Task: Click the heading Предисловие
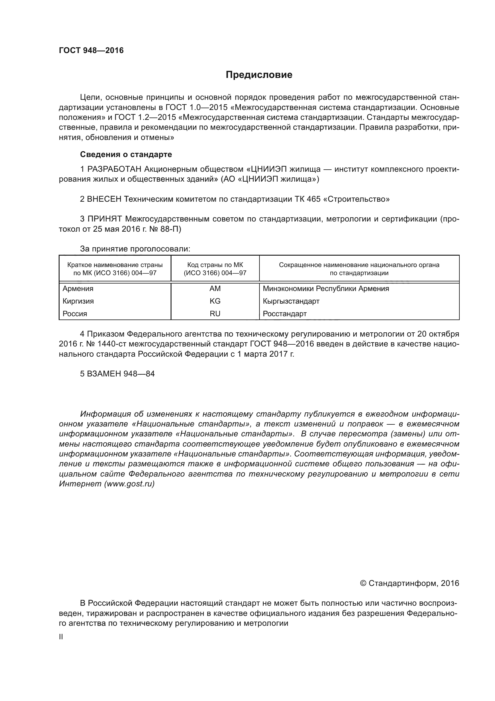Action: tap(259, 75)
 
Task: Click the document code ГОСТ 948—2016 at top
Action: tap(91, 50)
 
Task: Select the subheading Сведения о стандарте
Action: tap(126, 154)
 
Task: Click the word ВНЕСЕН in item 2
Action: tap(104, 199)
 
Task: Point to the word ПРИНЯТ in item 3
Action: tap(105, 219)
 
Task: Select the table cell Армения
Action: tap(78, 289)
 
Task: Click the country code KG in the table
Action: tap(215, 301)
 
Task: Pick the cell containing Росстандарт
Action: tap(285, 313)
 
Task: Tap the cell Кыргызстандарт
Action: tap(291, 301)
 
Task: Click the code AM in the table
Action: tap(215, 289)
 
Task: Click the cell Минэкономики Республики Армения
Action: tap(326, 289)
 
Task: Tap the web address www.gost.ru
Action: tap(130, 484)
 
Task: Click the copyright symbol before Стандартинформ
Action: tap(363, 584)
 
